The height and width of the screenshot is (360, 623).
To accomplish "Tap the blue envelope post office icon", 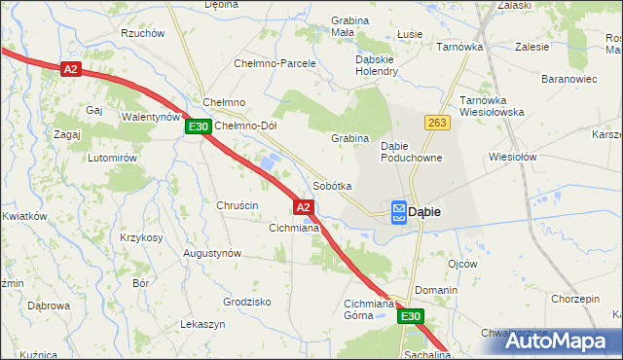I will click(x=400, y=212).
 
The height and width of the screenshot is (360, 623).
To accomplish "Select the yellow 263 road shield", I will click(x=435, y=123).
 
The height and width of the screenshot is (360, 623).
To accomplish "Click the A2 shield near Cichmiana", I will click(x=303, y=207).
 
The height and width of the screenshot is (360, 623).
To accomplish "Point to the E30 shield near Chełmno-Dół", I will click(x=199, y=126).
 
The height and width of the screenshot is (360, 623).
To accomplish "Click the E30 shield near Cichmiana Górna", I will click(x=411, y=317).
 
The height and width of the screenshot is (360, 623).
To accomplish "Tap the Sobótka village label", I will click(x=332, y=186).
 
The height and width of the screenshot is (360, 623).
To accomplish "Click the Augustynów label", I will click(x=212, y=253).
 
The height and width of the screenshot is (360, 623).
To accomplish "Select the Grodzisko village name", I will click(x=246, y=302).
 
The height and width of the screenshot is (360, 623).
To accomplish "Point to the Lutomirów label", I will click(x=109, y=158).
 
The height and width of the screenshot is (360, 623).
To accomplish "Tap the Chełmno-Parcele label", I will click(x=275, y=63).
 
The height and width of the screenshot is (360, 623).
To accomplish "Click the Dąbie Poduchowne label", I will click(x=412, y=151).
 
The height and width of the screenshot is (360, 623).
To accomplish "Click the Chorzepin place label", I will click(x=575, y=299).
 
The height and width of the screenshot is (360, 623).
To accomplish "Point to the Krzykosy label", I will click(x=141, y=237).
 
